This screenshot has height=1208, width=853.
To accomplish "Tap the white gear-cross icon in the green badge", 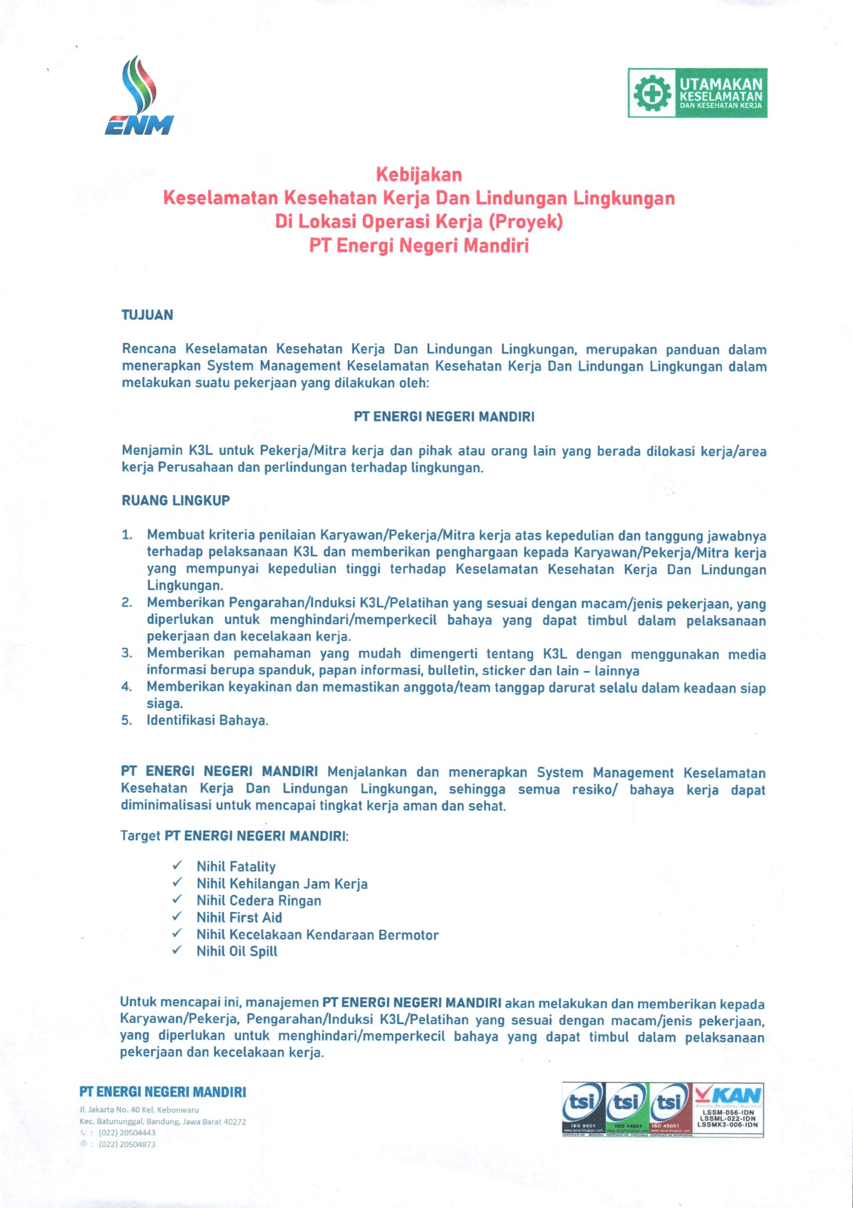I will [x=652, y=93].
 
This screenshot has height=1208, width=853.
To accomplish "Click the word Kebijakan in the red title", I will [x=418, y=174].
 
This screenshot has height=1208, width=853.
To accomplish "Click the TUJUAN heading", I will [x=147, y=315].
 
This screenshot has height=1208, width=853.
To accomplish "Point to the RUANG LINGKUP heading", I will [x=176, y=500].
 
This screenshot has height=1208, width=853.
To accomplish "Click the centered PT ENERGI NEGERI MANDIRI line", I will [x=444, y=417].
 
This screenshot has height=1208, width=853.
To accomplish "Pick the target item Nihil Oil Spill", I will [x=237, y=951].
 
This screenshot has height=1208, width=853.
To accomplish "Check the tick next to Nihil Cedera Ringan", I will [x=177, y=899].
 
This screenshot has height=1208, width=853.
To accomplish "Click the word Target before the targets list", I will [x=141, y=836].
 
